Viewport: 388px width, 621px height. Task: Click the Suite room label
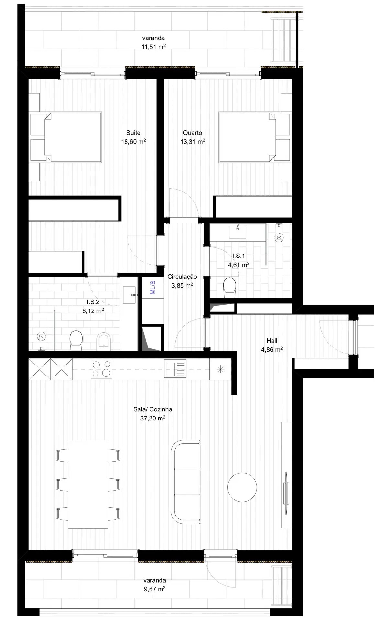tap(133, 133)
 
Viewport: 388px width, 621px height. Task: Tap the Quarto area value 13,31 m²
tap(193, 141)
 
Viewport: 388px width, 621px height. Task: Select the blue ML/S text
tap(153, 287)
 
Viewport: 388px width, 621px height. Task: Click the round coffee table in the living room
tap(242, 487)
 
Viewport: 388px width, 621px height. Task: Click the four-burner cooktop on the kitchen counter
tap(102, 369)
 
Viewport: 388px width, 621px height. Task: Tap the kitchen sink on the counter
tap(175, 369)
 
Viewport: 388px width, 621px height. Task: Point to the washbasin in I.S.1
tap(238, 232)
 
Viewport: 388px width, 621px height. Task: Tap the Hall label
tap(272, 340)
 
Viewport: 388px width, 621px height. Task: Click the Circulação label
tap(182, 277)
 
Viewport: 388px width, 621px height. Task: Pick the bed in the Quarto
tap(248, 137)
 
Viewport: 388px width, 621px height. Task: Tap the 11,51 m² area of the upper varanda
tap(154, 47)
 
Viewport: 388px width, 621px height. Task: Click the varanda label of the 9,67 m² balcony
tap(155, 580)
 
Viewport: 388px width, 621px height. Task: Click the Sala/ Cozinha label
tap(153, 409)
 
